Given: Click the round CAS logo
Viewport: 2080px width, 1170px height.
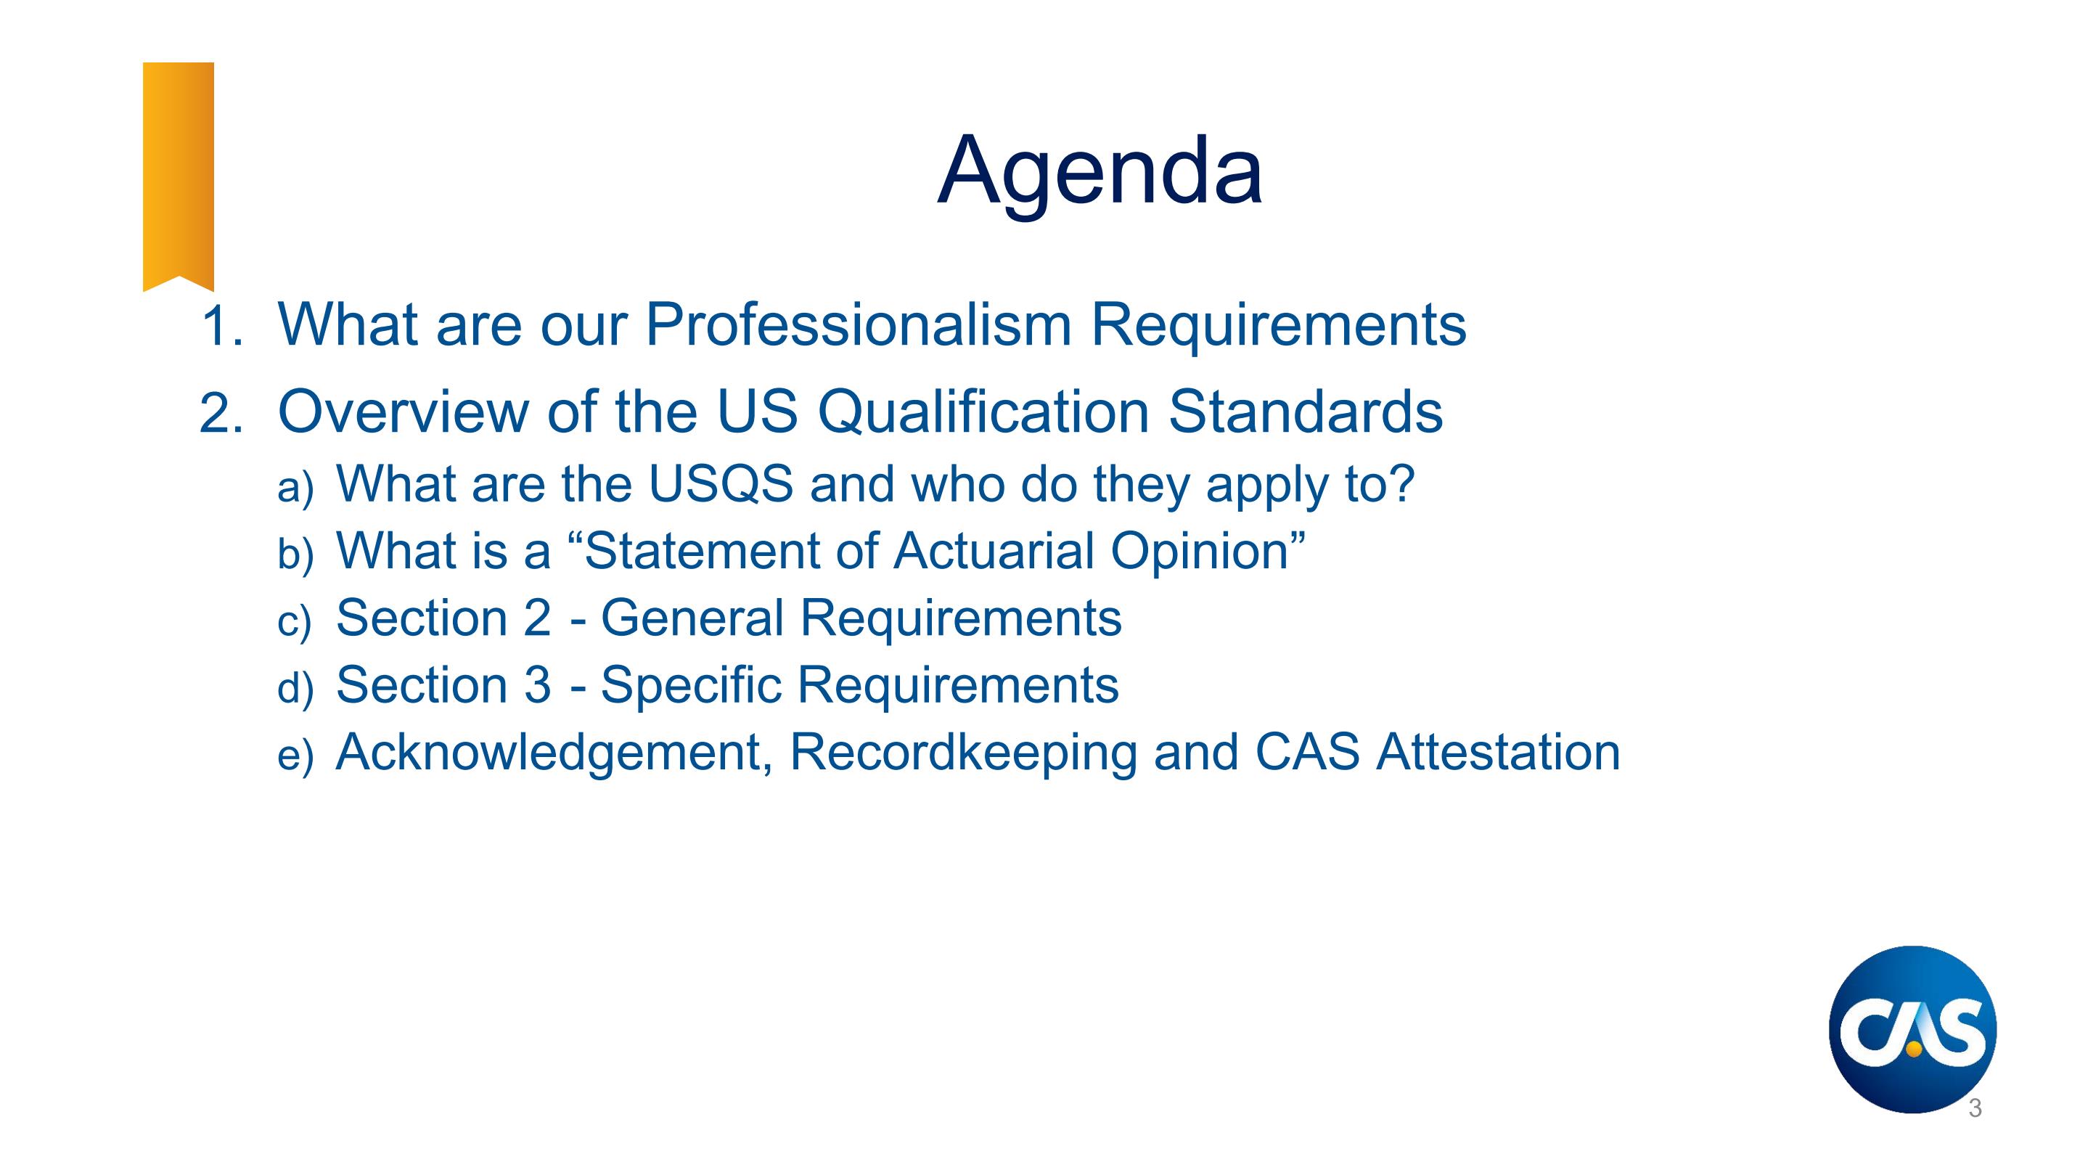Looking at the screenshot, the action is pos(1912,1028).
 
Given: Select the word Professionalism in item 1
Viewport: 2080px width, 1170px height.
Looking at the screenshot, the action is pos(859,324).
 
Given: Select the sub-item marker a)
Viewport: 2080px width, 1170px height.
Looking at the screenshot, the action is pos(295,488).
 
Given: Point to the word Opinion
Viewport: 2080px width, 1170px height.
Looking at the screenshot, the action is pos(1200,552).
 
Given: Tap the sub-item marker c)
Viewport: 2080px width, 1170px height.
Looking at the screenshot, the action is pos(294,622).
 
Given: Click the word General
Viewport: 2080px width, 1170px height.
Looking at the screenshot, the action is pos(692,618).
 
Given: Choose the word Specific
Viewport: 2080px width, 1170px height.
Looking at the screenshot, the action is pos(690,687).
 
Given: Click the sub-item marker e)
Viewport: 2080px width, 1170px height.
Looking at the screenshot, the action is pos(295,756).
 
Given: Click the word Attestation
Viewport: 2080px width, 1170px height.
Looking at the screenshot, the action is pos(1498,752).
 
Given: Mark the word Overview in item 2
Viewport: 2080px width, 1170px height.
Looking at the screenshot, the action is pos(402,412).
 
